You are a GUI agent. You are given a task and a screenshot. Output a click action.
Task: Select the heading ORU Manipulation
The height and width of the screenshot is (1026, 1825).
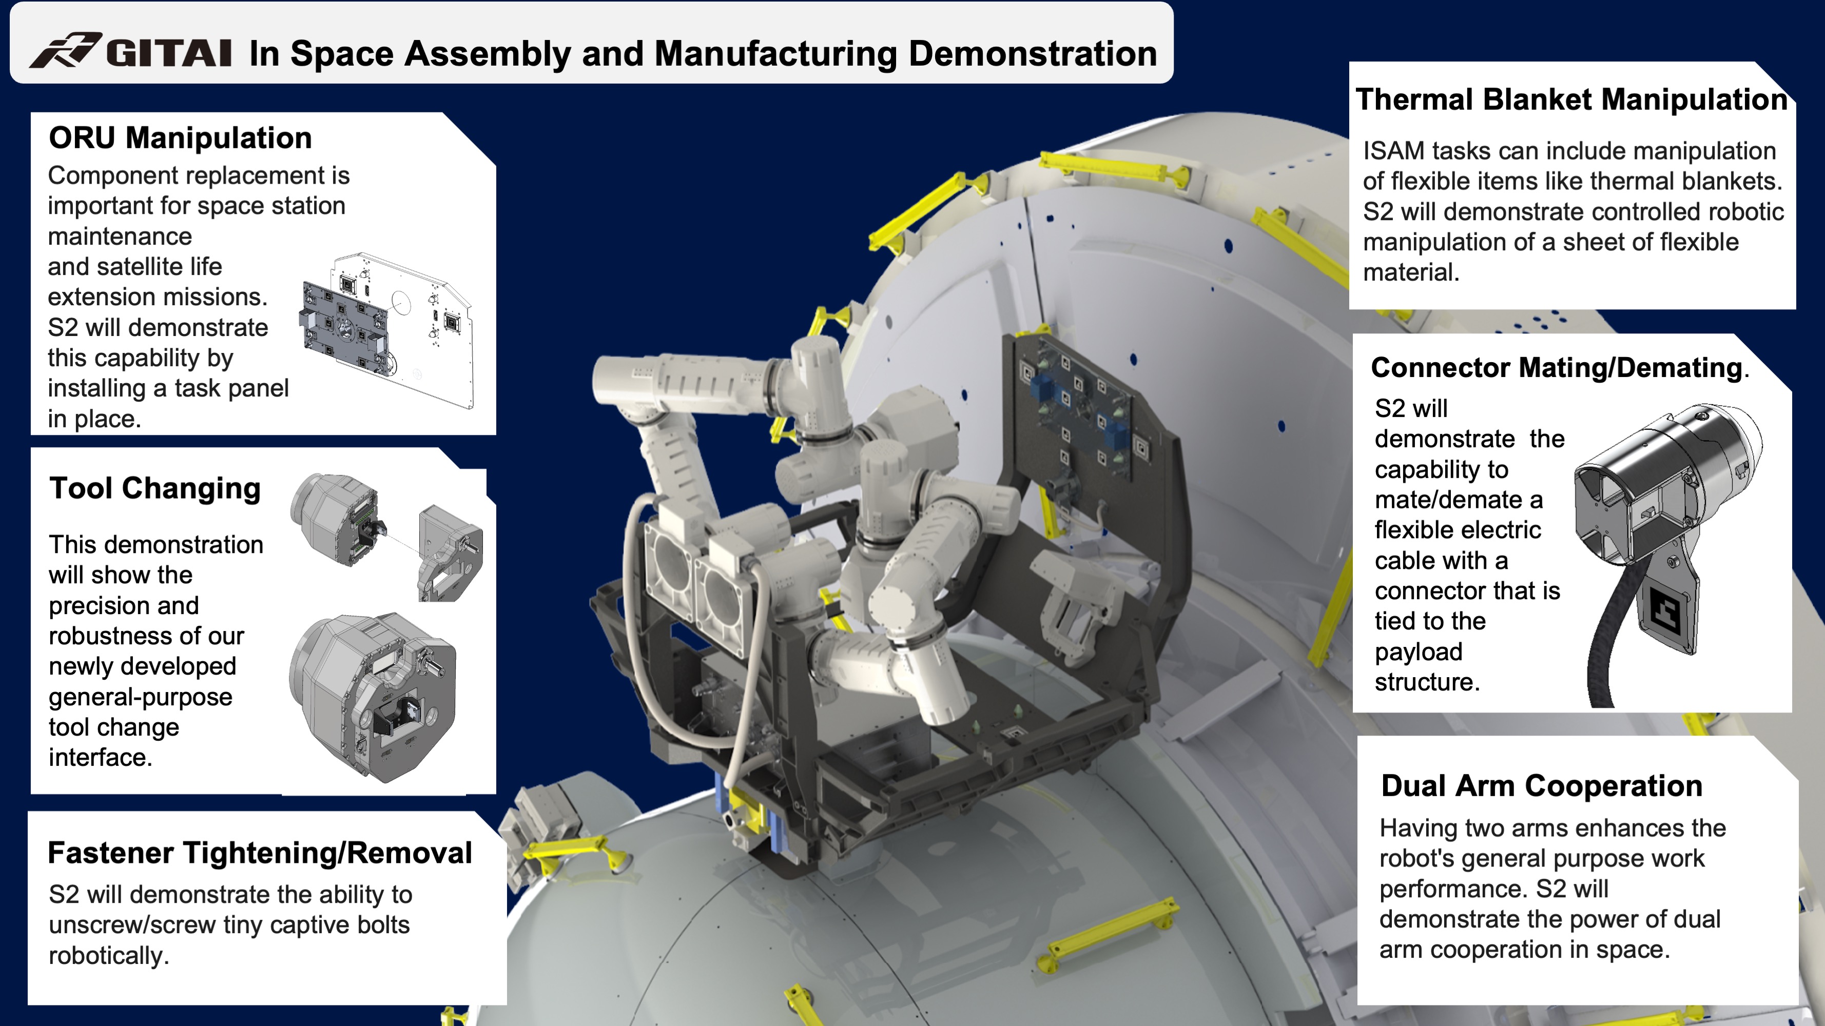pyautogui.click(x=180, y=138)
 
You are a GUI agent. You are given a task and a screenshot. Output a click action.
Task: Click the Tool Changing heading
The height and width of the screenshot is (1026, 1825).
pyautogui.click(x=154, y=488)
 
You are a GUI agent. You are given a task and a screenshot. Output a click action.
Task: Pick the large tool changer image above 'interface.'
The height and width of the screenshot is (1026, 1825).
pyautogui.click(x=373, y=698)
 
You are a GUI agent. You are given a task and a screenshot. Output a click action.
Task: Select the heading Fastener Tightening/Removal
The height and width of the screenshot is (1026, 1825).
pyautogui.click(x=259, y=853)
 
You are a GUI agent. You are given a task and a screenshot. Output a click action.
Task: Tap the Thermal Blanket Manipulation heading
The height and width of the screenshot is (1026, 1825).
pyautogui.click(x=1570, y=100)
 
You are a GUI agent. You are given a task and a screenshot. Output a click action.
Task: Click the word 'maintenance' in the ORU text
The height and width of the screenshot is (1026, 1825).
pyautogui.click(x=120, y=236)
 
